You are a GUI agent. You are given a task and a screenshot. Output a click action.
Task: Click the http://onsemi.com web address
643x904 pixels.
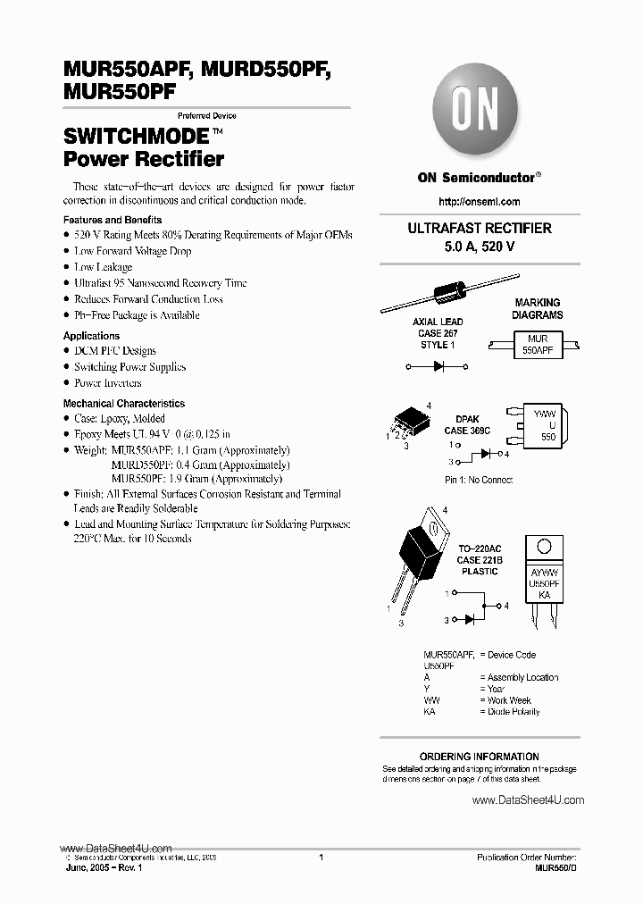480,202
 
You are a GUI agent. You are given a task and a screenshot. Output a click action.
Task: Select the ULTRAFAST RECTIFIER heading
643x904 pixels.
480,229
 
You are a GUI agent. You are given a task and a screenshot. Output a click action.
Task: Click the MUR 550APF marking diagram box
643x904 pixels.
537,346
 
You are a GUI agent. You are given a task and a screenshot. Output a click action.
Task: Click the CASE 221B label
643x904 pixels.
479,560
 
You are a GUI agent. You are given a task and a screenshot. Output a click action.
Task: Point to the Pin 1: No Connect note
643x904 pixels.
478,481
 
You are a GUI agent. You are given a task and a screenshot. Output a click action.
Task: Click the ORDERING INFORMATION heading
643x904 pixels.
480,757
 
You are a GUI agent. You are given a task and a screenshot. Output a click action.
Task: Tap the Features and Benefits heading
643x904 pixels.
113,220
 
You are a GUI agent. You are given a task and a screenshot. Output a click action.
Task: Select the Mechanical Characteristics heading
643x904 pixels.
124,404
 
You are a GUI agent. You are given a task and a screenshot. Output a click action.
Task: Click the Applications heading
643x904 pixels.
91,336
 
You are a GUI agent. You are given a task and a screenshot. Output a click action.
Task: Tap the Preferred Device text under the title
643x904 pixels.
207,116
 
